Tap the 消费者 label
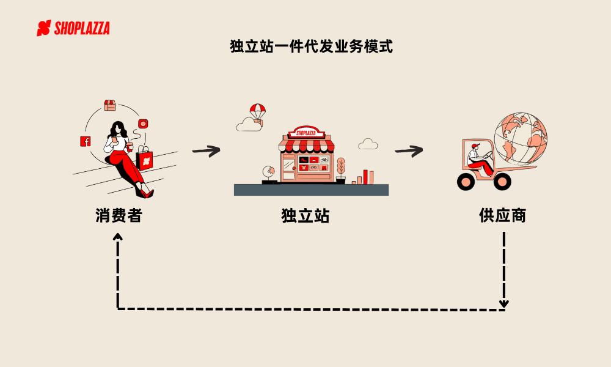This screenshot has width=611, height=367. click(118, 215)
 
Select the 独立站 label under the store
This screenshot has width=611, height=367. click(305, 215)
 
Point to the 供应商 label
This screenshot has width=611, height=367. click(502, 215)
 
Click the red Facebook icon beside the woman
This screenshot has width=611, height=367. click(86, 141)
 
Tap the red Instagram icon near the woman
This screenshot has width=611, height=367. click(143, 124)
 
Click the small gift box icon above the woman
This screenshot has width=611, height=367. click(110, 105)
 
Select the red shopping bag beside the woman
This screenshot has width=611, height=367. click(145, 160)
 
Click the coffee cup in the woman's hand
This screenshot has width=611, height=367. click(130, 147)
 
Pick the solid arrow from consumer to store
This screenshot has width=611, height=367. click(205, 150)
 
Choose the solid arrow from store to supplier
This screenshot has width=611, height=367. click(408, 150)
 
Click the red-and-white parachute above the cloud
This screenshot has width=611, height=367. click(257, 111)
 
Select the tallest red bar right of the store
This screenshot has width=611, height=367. click(365, 176)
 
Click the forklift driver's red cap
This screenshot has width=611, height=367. click(474, 146)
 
